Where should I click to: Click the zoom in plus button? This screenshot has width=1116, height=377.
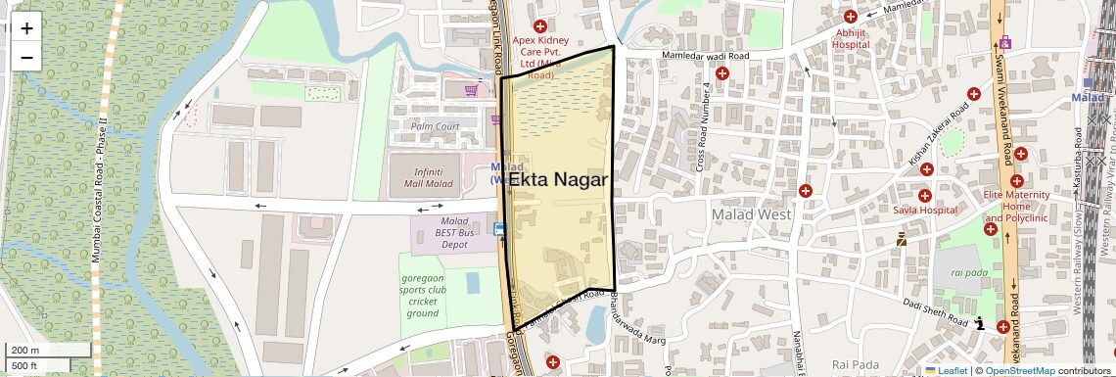26,27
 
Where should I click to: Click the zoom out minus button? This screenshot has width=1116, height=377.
26,57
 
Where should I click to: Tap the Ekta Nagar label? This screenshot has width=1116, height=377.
559,180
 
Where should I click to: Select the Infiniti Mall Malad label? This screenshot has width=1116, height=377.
422,177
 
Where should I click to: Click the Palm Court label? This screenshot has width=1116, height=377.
435,127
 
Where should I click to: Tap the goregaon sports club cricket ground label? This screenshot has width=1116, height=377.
423,295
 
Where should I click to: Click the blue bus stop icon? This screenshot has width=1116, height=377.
500,230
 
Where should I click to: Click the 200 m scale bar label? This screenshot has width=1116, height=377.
24,350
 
